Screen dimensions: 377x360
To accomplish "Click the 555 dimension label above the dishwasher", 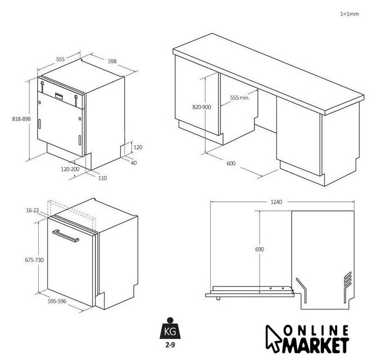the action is point(60,59).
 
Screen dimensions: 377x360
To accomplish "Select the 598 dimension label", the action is point(112,61).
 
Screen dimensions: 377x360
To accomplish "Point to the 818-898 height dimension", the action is point(21,119).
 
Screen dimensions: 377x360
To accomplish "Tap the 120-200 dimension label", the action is point(70,169).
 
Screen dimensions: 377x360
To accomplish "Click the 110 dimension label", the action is point(103,178).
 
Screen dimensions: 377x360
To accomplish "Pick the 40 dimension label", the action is point(134,163).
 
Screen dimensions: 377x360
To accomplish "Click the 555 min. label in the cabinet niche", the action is point(240,98).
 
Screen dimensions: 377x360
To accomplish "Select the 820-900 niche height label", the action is point(202,107).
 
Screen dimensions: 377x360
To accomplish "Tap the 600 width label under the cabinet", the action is point(231,163).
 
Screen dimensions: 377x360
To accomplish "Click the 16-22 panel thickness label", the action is point(33,210).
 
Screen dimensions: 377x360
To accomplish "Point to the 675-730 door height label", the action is point(34,260).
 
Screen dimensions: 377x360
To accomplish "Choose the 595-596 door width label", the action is point(57,301).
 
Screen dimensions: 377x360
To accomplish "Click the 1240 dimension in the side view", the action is point(276,202).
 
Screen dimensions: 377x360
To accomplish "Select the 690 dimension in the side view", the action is point(260,250).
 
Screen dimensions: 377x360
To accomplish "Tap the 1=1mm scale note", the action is point(349,14).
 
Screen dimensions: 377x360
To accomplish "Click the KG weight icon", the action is point(170,328).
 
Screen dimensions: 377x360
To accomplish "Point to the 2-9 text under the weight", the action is point(170,345).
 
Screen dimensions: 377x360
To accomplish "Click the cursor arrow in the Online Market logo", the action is point(272,339).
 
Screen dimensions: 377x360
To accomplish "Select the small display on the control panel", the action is point(60,96).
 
